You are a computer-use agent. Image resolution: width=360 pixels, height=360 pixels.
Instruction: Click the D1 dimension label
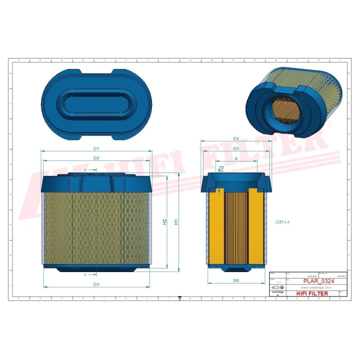click(x=96, y=148)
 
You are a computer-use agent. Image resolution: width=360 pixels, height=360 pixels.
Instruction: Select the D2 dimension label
click(x=96, y=158)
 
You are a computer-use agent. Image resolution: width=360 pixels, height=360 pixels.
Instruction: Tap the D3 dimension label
click(x=96, y=284)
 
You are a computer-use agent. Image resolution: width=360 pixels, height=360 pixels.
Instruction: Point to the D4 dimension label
click(x=236, y=138)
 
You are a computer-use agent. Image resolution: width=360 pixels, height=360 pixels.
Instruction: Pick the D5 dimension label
click(x=236, y=149)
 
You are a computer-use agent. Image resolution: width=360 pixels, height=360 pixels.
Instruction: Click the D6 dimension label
click(x=236, y=280)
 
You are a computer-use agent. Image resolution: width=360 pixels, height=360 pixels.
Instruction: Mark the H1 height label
click(x=176, y=222)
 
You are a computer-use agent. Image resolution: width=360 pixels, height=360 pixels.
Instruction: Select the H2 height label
click(x=164, y=221)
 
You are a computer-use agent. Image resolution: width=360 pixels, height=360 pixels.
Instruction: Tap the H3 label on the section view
click(x=221, y=168)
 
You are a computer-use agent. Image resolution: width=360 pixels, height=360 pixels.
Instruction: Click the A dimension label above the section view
click(x=236, y=158)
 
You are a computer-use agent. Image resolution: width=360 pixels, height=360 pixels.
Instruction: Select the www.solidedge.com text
click(x=317, y=288)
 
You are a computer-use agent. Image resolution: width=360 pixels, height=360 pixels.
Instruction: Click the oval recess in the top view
click(x=96, y=103)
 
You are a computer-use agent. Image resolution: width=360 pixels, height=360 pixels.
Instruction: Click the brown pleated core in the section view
click(x=236, y=227)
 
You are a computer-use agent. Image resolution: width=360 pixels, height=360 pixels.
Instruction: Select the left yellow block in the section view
click(x=215, y=227)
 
